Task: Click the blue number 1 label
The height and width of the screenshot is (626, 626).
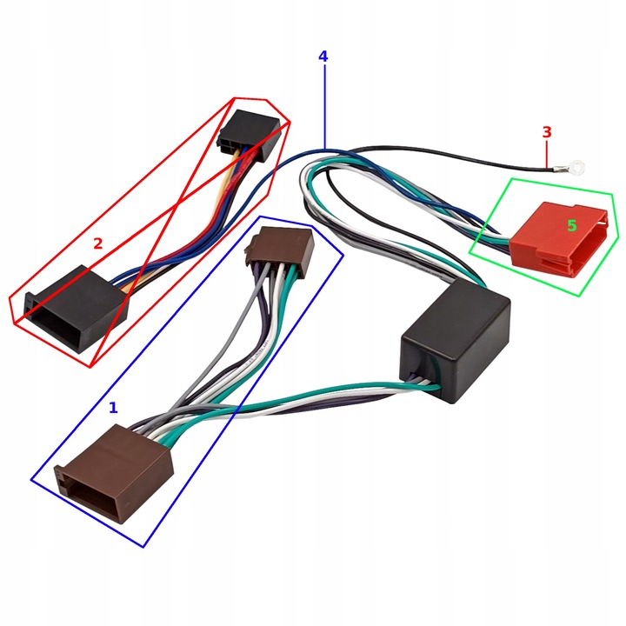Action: tap(113, 406)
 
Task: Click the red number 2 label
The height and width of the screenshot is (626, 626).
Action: tap(97, 244)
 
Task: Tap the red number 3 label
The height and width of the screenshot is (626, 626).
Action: tap(547, 132)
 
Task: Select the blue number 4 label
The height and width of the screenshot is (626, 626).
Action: tap(323, 57)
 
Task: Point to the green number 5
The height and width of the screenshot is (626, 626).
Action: tap(571, 225)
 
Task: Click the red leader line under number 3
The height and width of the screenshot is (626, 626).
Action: tap(547, 154)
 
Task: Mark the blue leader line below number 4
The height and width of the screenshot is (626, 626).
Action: tap(323, 104)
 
